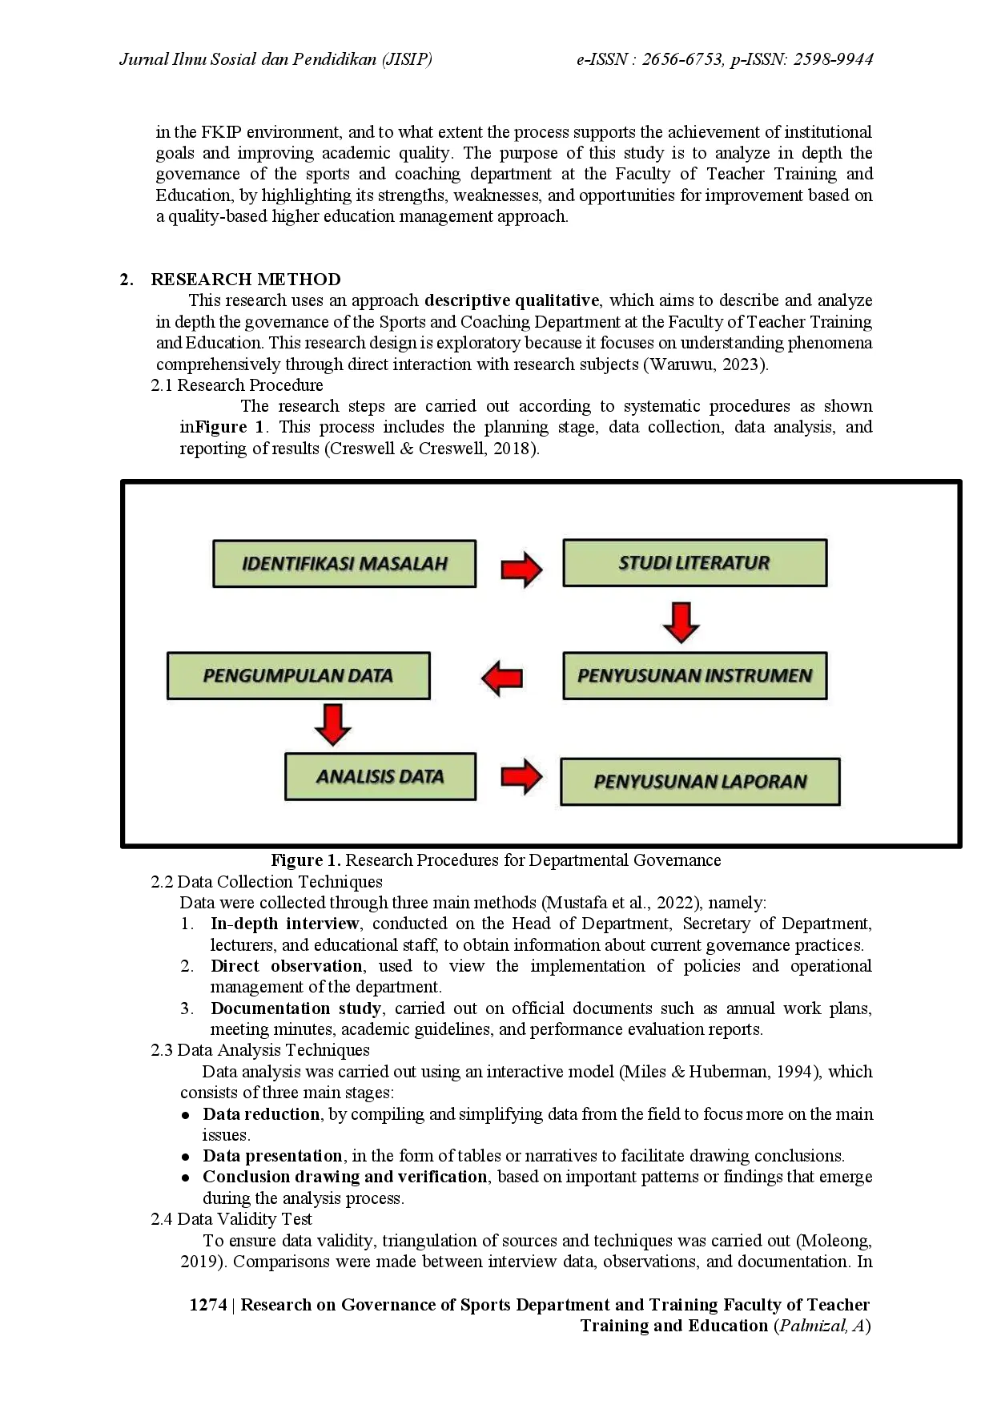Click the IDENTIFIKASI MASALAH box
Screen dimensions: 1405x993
344,564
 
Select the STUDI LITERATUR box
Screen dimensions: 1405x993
694,563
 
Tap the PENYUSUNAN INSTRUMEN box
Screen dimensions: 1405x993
694,676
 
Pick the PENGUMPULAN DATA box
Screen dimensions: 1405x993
298,676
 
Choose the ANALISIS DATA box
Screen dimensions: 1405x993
380,777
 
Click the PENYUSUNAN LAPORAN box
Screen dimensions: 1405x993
700,782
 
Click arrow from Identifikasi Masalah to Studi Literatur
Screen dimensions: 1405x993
521,570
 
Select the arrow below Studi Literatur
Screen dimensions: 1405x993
681,622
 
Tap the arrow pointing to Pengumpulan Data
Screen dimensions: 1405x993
502,678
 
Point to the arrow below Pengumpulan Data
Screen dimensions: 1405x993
332,724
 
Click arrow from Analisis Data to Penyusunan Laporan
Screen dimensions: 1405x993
521,776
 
